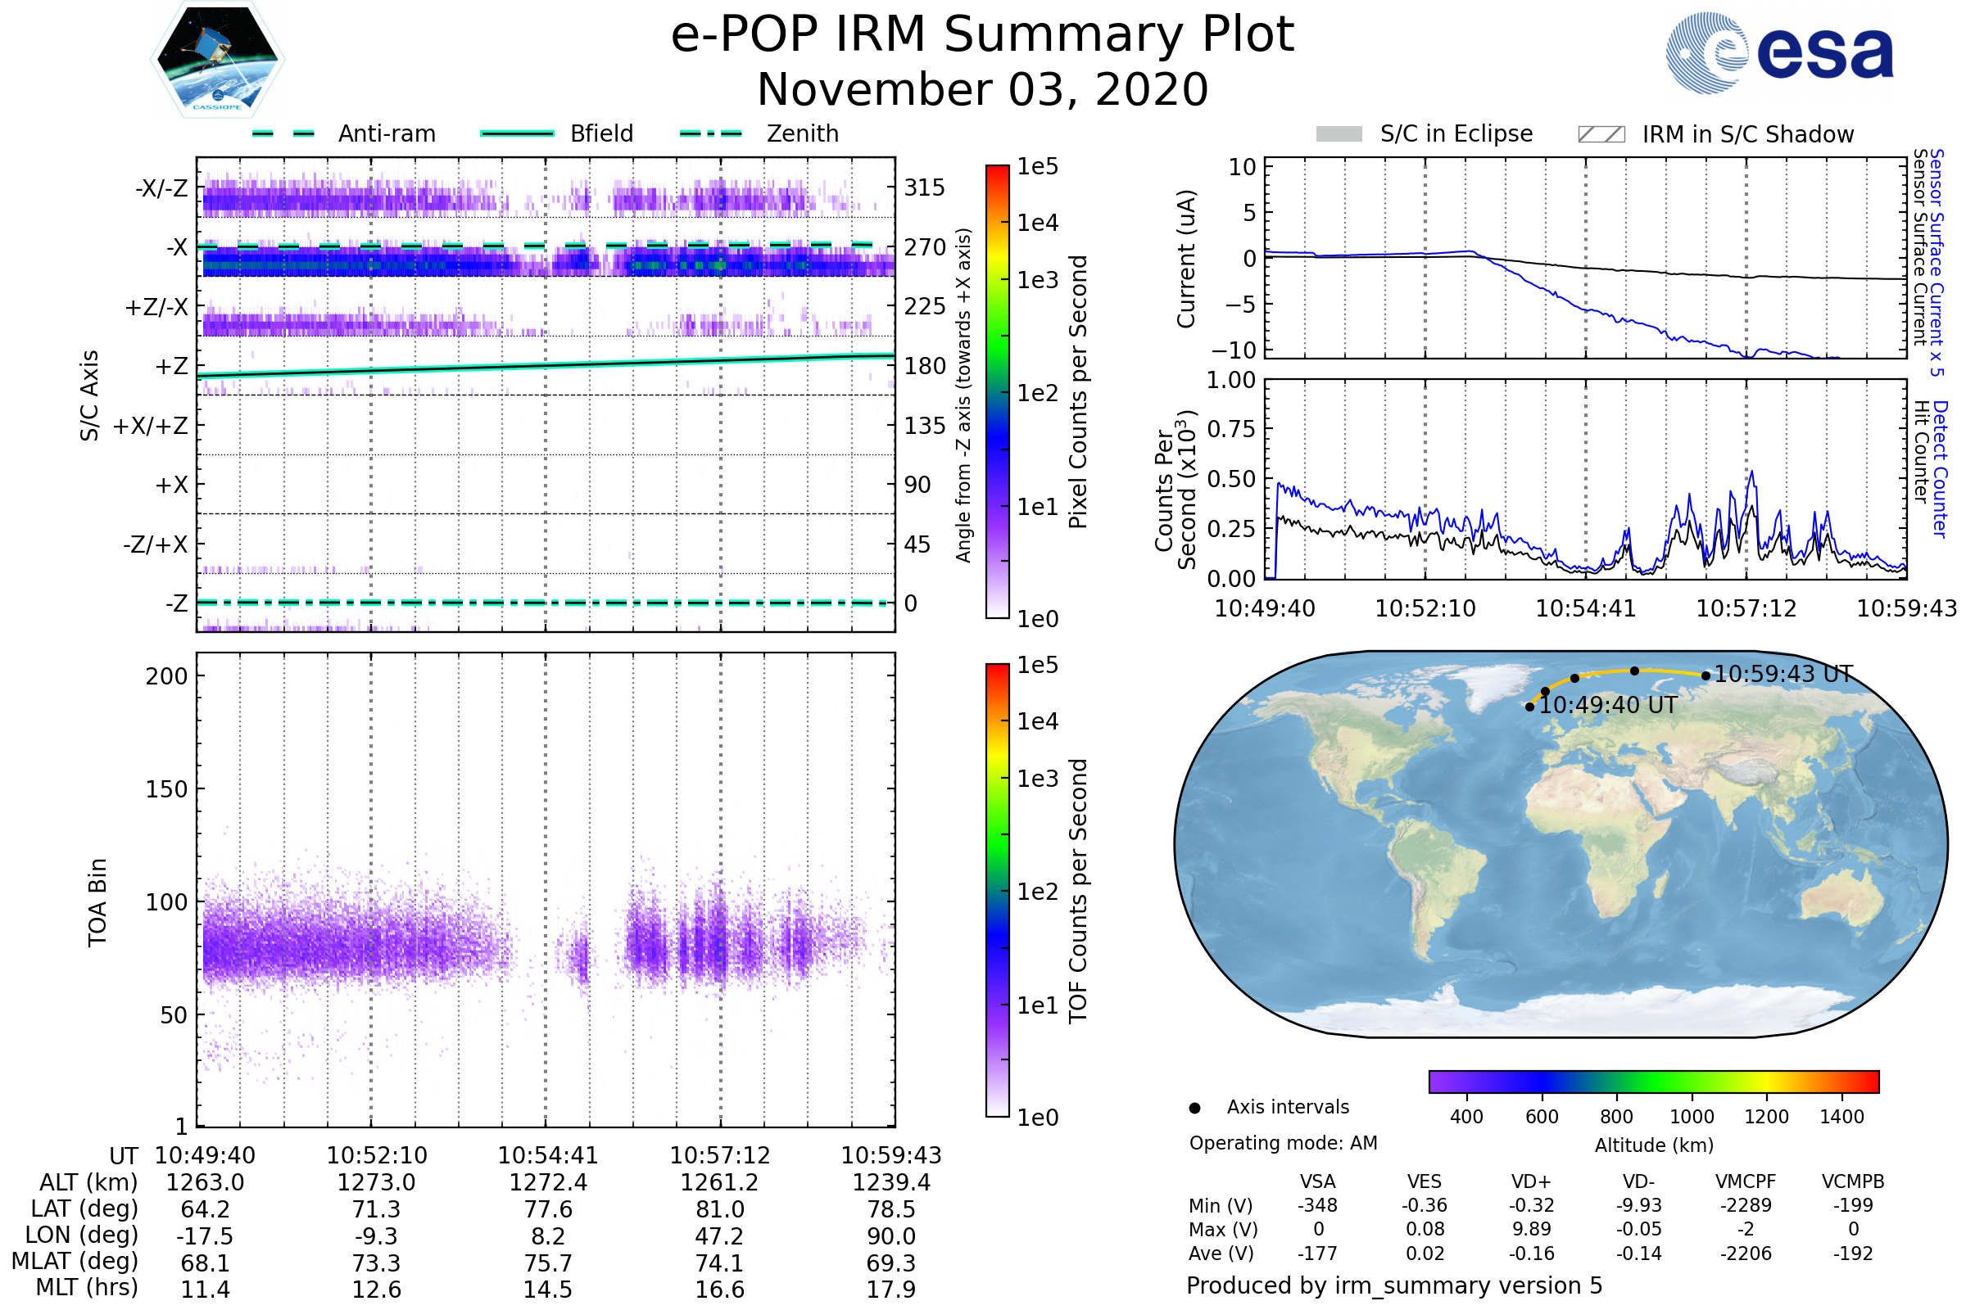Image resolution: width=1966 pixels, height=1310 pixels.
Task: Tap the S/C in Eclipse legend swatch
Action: click(x=1339, y=134)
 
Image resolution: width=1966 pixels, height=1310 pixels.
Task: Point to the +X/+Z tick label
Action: click(x=151, y=426)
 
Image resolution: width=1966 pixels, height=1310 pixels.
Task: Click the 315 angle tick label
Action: click(x=924, y=187)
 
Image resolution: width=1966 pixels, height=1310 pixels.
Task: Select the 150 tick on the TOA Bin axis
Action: click(x=166, y=789)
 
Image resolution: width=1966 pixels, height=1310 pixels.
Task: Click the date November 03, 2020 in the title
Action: click(x=982, y=90)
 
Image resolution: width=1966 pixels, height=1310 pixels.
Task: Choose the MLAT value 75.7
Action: click(x=547, y=1263)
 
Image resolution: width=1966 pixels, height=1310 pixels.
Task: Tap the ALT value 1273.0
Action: click(x=376, y=1183)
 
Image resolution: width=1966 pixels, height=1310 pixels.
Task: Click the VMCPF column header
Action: click(x=1746, y=1182)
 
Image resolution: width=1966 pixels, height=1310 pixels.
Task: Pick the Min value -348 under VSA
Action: click(x=1317, y=1205)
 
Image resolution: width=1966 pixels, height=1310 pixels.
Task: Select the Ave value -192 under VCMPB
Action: click(x=1853, y=1254)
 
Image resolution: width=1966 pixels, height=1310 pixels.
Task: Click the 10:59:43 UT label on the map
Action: click(x=1783, y=674)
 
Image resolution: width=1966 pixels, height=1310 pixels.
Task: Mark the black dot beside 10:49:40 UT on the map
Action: click(x=1529, y=707)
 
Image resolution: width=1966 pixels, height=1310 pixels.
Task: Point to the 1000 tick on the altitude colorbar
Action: click(x=1692, y=1117)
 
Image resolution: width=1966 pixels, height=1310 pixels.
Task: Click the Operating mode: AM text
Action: click(x=1283, y=1143)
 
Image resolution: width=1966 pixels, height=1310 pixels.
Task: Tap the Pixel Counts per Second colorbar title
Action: click(x=1078, y=392)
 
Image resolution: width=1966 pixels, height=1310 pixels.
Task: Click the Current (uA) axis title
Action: click(x=1187, y=259)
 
